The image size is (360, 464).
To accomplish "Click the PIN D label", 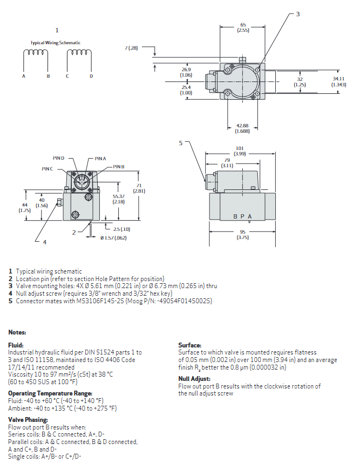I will point(58,158).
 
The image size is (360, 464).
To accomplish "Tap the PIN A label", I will point(100,158).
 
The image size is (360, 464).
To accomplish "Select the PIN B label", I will point(119,167).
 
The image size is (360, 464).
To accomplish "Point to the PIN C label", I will point(47,169).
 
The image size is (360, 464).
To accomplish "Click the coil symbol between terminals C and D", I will point(79,53).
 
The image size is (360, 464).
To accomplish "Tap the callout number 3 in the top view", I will point(297,13).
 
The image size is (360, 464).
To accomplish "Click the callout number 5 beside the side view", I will point(181,143).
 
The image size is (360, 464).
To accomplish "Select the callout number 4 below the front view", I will point(45,242).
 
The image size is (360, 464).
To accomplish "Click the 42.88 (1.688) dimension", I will point(243,128).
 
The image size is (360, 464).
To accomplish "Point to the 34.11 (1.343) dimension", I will point(339,81).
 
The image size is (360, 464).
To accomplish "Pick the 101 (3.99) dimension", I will point(240,151).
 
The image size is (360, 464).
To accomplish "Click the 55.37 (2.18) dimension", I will point(119,199).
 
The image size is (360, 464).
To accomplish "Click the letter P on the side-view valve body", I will point(242,216).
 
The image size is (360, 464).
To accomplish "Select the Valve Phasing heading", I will point(28,419).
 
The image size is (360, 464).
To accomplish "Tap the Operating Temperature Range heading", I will point(50,393).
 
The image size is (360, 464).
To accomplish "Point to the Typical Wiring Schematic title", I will point(55,43).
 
